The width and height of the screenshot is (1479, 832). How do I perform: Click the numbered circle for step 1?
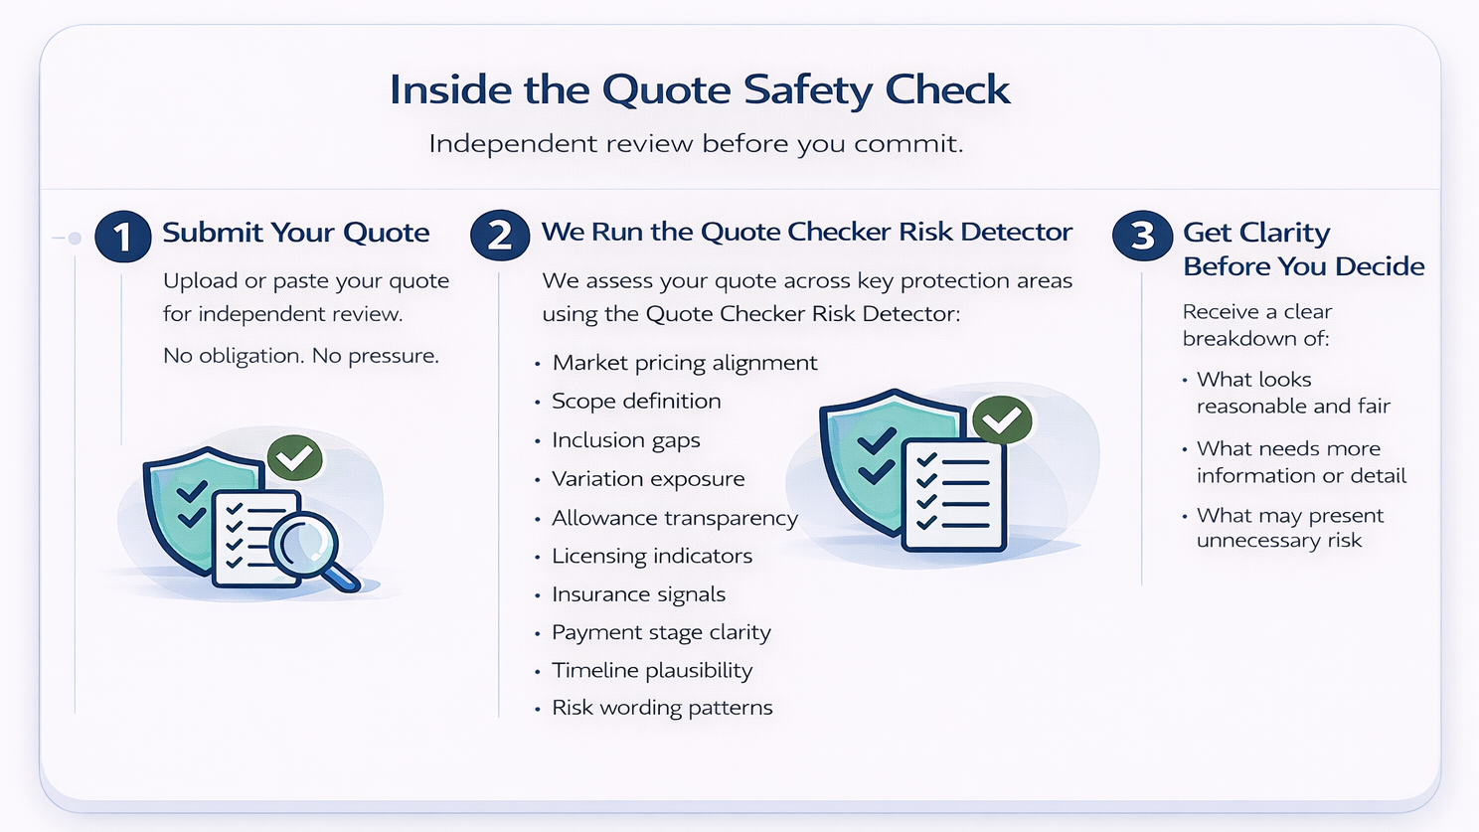click(123, 236)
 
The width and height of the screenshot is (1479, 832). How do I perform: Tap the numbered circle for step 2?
click(500, 235)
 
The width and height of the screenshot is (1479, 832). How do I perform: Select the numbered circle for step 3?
click(1142, 235)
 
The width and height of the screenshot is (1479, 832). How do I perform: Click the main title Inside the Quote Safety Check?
click(700, 89)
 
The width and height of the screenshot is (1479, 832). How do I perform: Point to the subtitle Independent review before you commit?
click(696, 144)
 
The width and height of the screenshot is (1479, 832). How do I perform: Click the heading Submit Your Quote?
click(296, 233)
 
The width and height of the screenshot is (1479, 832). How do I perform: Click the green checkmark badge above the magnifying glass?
click(294, 457)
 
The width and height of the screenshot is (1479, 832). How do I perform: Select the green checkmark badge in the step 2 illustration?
click(1002, 419)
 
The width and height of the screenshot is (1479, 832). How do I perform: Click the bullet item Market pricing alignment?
click(684, 363)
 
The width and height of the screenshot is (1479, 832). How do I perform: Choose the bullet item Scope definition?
click(636, 401)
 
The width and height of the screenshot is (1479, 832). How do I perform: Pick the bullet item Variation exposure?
click(648, 479)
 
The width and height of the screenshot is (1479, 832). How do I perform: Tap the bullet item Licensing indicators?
click(652, 556)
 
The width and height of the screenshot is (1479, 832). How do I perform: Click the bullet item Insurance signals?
click(638, 594)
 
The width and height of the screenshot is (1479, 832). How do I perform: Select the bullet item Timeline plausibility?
click(652, 671)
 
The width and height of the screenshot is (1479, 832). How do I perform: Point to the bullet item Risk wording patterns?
click(662, 708)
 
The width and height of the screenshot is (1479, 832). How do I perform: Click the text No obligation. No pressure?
click(300, 356)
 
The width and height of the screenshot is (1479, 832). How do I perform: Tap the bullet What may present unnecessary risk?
click(1289, 528)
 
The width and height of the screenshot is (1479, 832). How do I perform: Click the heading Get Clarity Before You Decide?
click(1303, 249)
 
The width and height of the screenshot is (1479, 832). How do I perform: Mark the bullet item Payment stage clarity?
click(661, 632)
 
